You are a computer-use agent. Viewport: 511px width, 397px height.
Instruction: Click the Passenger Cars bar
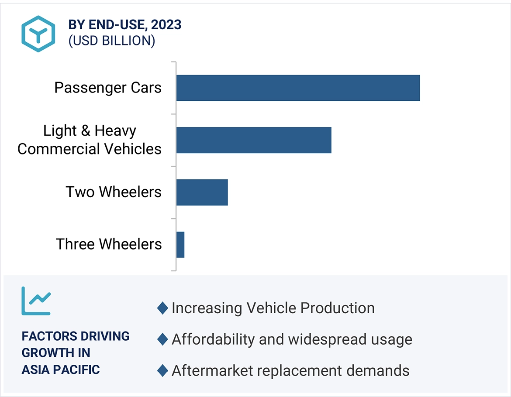(x=298, y=88)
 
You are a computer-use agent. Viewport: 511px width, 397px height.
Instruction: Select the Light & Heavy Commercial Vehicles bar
(x=254, y=140)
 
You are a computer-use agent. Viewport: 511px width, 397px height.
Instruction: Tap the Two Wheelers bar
(x=202, y=192)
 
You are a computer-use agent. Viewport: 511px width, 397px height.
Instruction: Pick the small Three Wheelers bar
(x=180, y=245)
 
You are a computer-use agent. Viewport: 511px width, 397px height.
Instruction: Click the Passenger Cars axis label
(x=108, y=88)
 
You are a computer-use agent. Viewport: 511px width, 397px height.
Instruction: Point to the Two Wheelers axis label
(x=114, y=192)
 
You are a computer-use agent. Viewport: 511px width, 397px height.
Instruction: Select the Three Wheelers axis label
(x=109, y=244)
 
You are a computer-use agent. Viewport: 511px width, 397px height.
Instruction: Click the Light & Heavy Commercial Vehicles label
(x=90, y=140)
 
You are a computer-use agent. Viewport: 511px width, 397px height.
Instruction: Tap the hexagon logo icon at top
(x=38, y=34)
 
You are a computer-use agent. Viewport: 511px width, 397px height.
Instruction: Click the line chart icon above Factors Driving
(x=36, y=301)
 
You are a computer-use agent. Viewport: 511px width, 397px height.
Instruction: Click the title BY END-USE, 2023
(x=125, y=25)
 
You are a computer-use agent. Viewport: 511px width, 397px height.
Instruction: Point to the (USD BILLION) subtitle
(x=111, y=41)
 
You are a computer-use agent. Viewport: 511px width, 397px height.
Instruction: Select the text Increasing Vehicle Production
(x=273, y=308)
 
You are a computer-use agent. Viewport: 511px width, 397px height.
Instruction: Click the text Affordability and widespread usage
(x=292, y=339)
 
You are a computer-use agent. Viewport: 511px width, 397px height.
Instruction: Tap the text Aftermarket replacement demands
(x=290, y=371)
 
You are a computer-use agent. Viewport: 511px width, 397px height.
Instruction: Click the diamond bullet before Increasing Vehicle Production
(x=162, y=308)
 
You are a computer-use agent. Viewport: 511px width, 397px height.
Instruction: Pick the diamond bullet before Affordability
(x=162, y=339)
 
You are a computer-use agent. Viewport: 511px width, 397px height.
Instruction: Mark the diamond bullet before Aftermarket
(x=162, y=371)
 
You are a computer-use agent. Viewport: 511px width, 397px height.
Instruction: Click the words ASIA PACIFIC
(x=61, y=370)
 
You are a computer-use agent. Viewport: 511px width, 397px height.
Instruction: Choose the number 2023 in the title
(x=166, y=25)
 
